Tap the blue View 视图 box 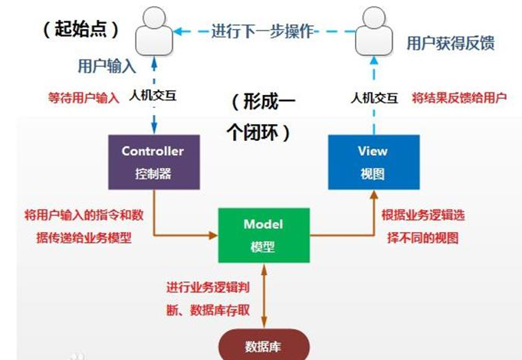click(373, 162)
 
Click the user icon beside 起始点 click(153, 31)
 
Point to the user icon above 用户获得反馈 click(373, 31)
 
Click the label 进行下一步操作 click(264, 31)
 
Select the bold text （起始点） click(80, 30)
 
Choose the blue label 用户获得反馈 click(450, 44)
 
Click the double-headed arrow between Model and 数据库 click(263, 295)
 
